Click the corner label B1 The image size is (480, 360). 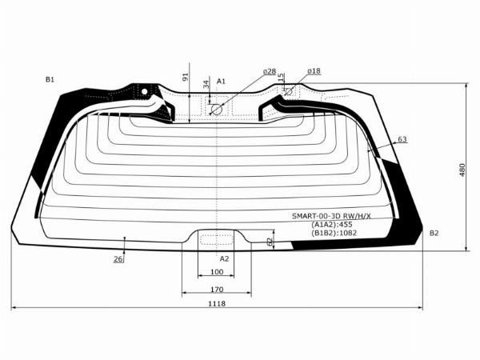click(x=50, y=79)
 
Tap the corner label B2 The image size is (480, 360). click(x=434, y=233)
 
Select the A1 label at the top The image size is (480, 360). click(x=222, y=81)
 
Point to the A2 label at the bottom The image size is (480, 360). click(x=224, y=259)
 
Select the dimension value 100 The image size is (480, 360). click(x=217, y=273)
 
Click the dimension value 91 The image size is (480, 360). click(x=186, y=78)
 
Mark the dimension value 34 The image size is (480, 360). click(x=206, y=83)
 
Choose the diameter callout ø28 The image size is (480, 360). click(x=269, y=72)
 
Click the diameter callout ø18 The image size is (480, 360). click(x=313, y=71)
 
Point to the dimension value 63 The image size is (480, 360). click(x=402, y=139)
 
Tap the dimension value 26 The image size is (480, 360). click(x=118, y=258)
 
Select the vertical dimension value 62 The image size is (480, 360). click(x=270, y=240)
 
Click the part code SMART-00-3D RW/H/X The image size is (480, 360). click(x=342, y=216)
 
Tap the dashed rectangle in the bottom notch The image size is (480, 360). click(x=212, y=238)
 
